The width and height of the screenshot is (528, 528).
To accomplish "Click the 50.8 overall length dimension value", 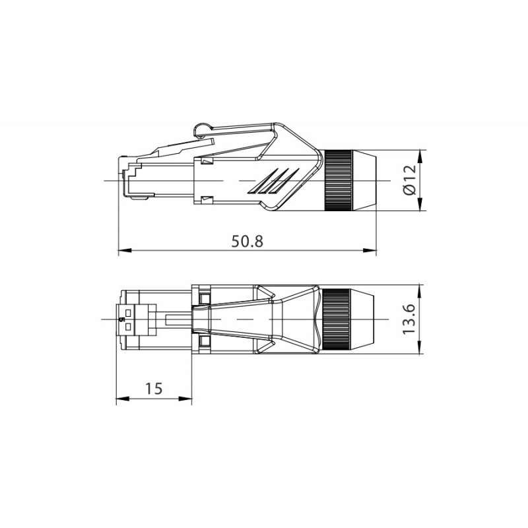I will pos(247,241).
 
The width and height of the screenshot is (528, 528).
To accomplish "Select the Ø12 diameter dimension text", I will pos(409,180).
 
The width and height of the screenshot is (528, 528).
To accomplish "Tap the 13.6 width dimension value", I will pos(409,319).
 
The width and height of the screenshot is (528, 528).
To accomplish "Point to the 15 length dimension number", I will pos(154,389).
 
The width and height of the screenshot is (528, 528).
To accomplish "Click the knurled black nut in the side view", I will pos(337,180).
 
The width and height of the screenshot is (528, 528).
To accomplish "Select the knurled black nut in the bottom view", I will pos(336,319).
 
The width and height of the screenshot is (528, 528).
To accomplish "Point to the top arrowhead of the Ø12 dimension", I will pos(420,154).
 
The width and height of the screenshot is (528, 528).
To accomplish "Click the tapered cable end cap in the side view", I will pos(364,180).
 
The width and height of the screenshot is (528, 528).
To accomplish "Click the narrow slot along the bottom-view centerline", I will pos(178,319).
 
